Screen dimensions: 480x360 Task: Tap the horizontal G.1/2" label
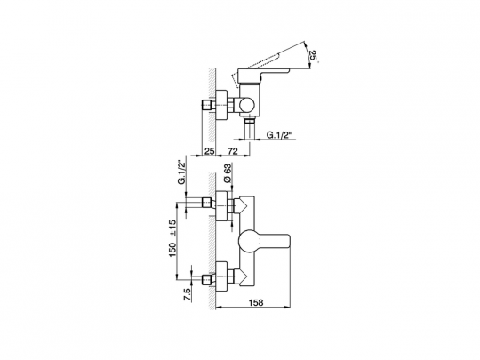(279, 134)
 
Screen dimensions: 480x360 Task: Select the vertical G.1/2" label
(182, 172)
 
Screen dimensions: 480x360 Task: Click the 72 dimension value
(233, 151)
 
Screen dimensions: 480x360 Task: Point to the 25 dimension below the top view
(210, 151)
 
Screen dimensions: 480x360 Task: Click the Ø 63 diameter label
(228, 173)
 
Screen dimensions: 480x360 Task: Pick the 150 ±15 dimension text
(172, 238)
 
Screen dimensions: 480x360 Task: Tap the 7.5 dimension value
(187, 295)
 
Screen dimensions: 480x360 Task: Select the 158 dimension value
(256, 302)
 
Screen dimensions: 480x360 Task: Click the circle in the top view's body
(247, 106)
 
